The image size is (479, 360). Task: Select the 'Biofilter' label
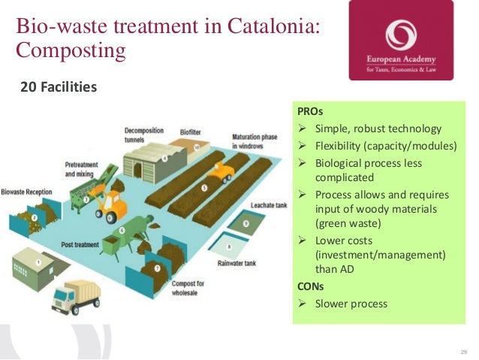click(190, 132)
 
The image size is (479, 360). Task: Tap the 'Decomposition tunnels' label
click(145, 134)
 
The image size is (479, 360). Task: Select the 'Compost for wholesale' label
click(188, 286)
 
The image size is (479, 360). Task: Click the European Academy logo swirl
click(400, 35)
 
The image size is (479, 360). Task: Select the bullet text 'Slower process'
click(351, 304)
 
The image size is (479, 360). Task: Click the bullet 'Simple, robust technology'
click(378, 128)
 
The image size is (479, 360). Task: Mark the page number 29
click(463, 352)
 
